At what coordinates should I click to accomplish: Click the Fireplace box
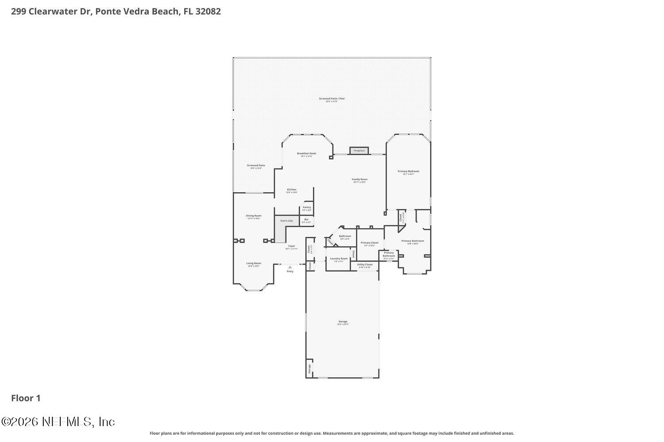tap(359, 151)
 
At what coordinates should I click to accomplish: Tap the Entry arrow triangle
tap(290, 267)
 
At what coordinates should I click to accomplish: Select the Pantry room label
tap(307, 207)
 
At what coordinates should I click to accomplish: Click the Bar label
tap(306, 219)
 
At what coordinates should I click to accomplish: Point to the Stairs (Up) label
tap(286, 221)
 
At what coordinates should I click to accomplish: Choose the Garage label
tap(343, 321)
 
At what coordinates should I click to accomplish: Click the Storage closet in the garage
tap(309, 369)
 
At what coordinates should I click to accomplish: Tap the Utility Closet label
tap(365, 265)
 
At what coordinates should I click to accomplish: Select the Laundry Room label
tap(339, 259)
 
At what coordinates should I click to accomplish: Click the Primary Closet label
tap(369, 243)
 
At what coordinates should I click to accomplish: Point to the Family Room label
tap(359, 179)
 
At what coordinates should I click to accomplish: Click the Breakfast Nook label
tap(306, 153)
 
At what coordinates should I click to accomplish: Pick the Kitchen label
tap(291, 190)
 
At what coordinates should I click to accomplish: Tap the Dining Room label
tap(254, 216)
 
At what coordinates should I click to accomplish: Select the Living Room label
tap(254, 263)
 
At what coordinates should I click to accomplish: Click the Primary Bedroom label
tap(408, 171)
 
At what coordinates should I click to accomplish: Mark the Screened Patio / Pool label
tap(332, 99)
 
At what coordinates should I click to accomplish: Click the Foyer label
tap(291, 246)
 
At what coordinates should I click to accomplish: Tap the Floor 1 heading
tap(26, 398)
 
